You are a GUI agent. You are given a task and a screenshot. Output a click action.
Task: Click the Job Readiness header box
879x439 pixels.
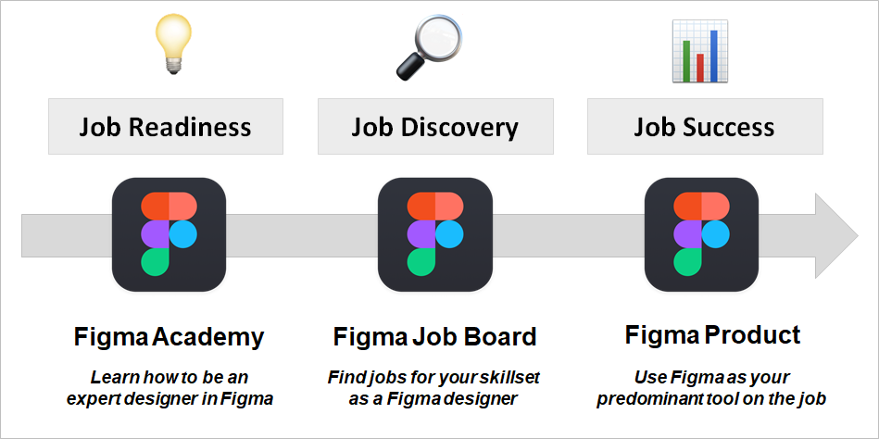coord(166,127)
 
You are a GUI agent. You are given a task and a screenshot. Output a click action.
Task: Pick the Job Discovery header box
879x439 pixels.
coord(434,127)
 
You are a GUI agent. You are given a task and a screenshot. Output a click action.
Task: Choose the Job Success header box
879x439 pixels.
coord(704,127)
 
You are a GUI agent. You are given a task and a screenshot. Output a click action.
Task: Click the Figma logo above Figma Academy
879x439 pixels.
coord(169,234)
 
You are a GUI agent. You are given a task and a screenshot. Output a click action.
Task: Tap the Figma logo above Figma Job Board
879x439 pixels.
coord(435,234)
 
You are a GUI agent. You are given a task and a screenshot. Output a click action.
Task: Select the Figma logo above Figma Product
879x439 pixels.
coord(701,234)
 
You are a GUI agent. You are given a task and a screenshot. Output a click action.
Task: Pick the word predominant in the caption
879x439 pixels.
coord(651,399)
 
